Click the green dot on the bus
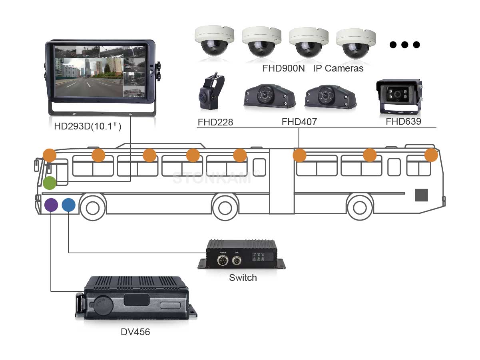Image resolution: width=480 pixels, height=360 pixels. point(49,183)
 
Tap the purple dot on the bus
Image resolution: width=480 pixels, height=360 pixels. point(51,205)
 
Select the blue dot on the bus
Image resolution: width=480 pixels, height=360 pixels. point(69,205)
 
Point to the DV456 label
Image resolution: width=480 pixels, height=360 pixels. point(135,332)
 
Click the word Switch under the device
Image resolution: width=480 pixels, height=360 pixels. point(243,277)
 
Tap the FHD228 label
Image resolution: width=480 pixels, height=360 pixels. point(215,122)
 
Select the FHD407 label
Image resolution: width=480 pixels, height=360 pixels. point(299,122)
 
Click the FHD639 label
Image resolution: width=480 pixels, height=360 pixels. point(403,121)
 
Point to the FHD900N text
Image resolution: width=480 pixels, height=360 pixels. point(283,68)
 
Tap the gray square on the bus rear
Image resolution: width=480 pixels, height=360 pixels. point(421,195)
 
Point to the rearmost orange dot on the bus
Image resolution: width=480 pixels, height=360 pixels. point(431,155)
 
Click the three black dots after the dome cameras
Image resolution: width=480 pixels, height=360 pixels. point(405,45)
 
